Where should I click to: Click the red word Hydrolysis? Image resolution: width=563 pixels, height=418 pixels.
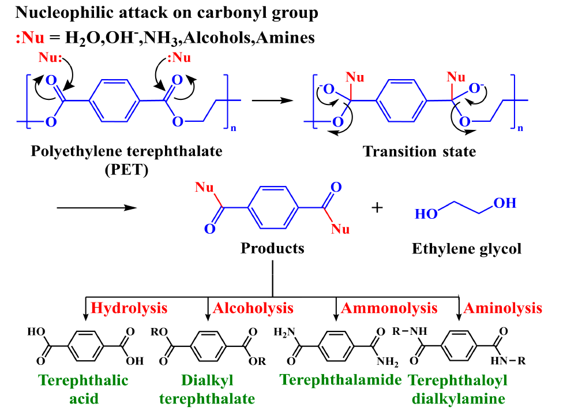click(129, 308)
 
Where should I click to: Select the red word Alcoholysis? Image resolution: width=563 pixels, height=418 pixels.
click(253, 308)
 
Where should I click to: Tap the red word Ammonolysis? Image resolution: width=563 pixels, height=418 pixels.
click(389, 308)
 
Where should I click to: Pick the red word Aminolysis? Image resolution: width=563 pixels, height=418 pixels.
click(503, 308)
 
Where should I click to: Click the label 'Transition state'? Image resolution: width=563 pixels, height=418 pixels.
click(419, 152)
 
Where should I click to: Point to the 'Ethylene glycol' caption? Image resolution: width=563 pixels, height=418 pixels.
click(466, 249)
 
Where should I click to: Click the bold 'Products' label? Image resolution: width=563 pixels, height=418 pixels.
click(272, 248)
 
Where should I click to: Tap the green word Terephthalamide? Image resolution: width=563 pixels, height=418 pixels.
click(340, 380)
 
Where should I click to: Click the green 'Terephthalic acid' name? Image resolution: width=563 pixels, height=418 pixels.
click(84, 390)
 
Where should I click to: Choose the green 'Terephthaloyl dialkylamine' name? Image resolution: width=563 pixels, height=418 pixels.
click(459, 390)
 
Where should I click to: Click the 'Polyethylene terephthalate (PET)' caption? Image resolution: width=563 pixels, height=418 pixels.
click(126, 160)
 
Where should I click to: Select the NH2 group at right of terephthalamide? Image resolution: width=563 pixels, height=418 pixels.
click(387, 362)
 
